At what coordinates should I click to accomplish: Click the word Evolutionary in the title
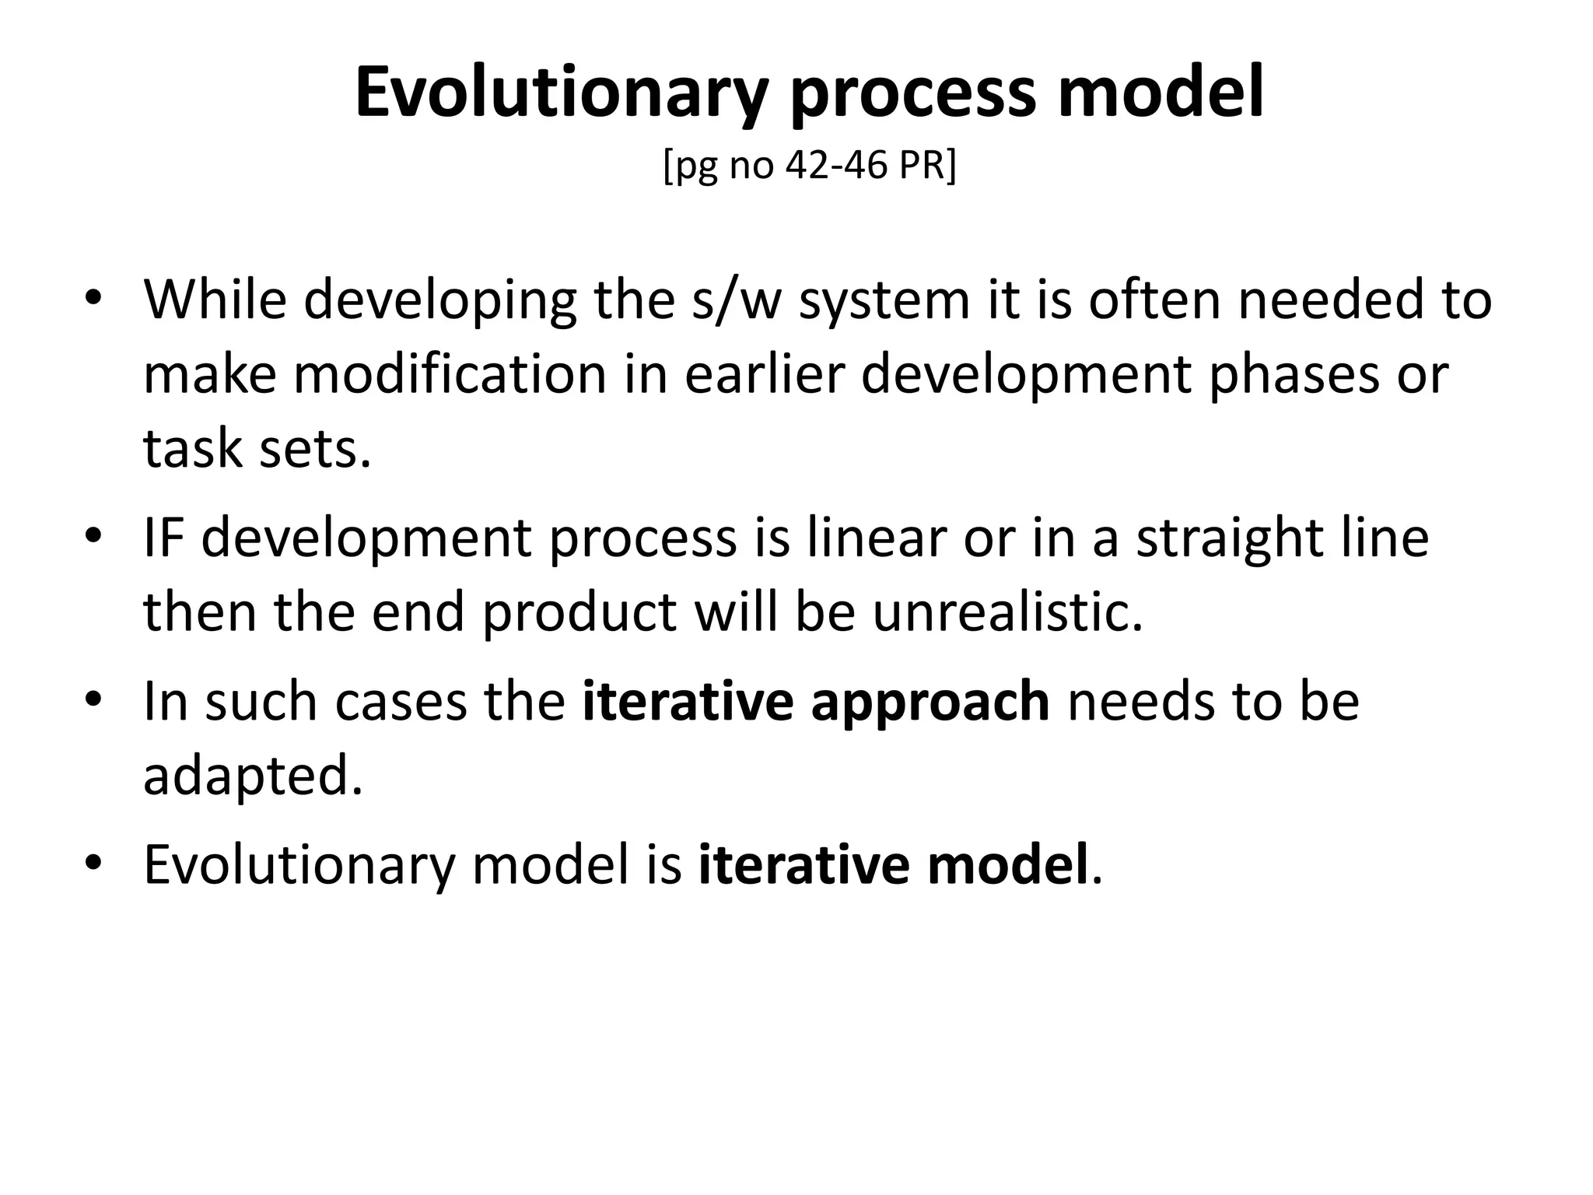coord(561,93)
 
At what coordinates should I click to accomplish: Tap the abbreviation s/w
coord(736,299)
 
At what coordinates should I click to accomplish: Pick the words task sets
coord(257,448)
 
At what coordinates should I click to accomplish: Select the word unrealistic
coord(1007,612)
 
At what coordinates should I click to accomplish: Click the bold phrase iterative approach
coord(815,701)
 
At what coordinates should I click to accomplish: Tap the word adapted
coord(253,776)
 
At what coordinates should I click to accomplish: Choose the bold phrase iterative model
coord(893,864)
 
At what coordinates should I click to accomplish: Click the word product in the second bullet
coord(579,612)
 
